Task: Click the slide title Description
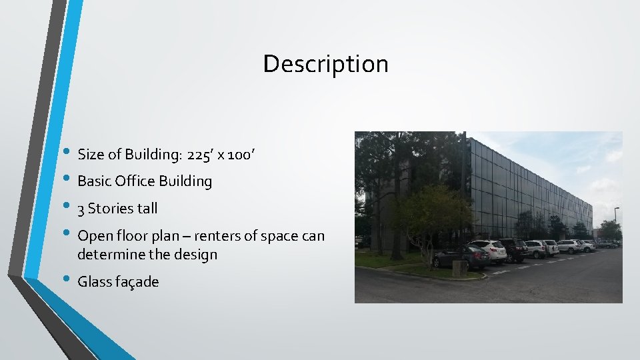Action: pyautogui.click(x=325, y=64)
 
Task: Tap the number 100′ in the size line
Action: pyautogui.click(x=240, y=155)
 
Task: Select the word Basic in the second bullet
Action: pyautogui.click(x=94, y=181)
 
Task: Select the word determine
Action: pyautogui.click(x=109, y=255)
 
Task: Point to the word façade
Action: pyautogui.click(x=137, y=282)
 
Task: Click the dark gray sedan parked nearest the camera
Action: pyautogui.click(x=461, y=257)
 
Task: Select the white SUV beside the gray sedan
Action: pyautogui.click(x=490, y=251)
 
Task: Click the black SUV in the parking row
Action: pyautogui.click(x=515, y=249)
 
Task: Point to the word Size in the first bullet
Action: pyautogui.click(x=91, y=155)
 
